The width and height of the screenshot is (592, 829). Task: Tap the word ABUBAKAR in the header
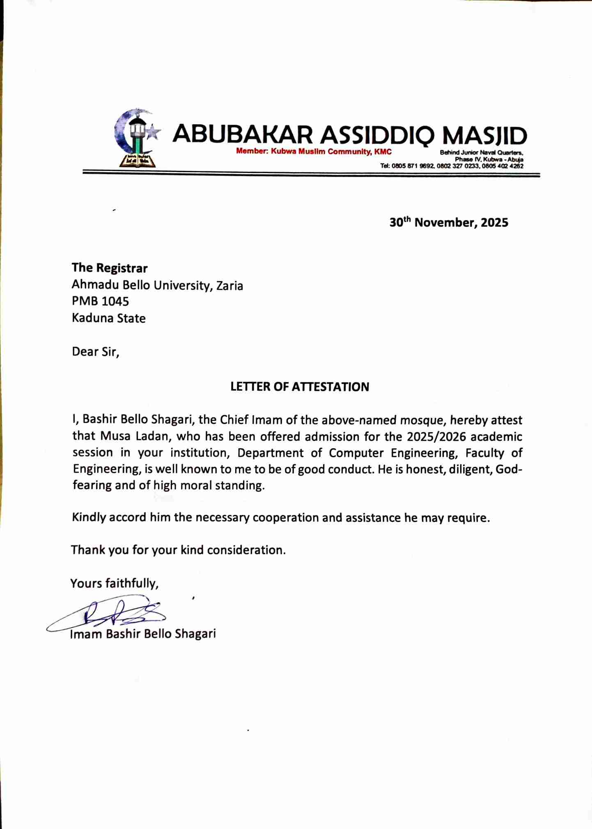(243, 134)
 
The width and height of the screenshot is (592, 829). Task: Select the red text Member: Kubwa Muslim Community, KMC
(314, 152)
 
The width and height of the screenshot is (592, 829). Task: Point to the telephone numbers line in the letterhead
(452, 166)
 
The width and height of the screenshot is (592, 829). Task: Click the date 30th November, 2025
(449, 222)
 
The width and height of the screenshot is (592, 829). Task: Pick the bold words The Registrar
(110, 268)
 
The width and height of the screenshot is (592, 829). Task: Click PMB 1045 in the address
(100, 301)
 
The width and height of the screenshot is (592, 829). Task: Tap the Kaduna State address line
(109, 318)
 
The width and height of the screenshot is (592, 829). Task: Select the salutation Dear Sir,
(95, 351)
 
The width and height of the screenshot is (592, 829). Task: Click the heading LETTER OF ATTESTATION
(300, 387)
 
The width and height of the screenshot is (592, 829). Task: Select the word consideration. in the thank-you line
(246, 550)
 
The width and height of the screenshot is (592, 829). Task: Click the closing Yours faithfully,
(115, 583)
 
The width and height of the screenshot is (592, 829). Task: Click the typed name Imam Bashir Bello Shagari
(143, 634)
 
